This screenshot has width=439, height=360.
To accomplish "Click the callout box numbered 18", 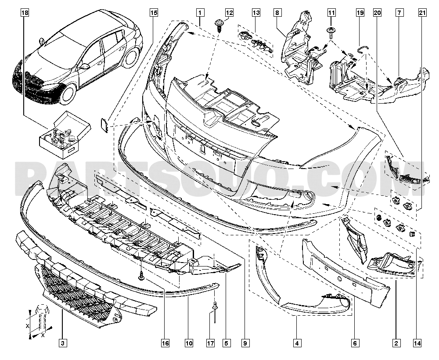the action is (x=25, y=13).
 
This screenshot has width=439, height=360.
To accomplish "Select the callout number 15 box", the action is (x=153, y=13).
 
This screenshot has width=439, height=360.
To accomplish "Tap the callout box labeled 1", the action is (x=200, y=13).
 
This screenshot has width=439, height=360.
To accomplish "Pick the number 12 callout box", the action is (x=229, y=13).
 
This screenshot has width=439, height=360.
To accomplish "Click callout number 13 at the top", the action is (x=256, y=13).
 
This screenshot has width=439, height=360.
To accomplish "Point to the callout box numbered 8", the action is (x=277, y=13).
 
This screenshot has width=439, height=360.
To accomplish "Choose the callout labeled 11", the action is (x=331, y=13).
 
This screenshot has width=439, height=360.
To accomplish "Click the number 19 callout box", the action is (x=360, y=13).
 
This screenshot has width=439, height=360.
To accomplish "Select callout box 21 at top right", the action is (x=422, y=13).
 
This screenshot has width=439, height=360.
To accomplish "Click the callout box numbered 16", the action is (x=165, y=343).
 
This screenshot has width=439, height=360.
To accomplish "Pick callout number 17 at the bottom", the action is (x=210, y=343).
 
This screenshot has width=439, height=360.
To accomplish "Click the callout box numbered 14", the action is (x=417, y=343).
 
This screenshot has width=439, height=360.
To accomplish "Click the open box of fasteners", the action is (x=65, y=134).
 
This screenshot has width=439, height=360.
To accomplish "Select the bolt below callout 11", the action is (x=331, y=33).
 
